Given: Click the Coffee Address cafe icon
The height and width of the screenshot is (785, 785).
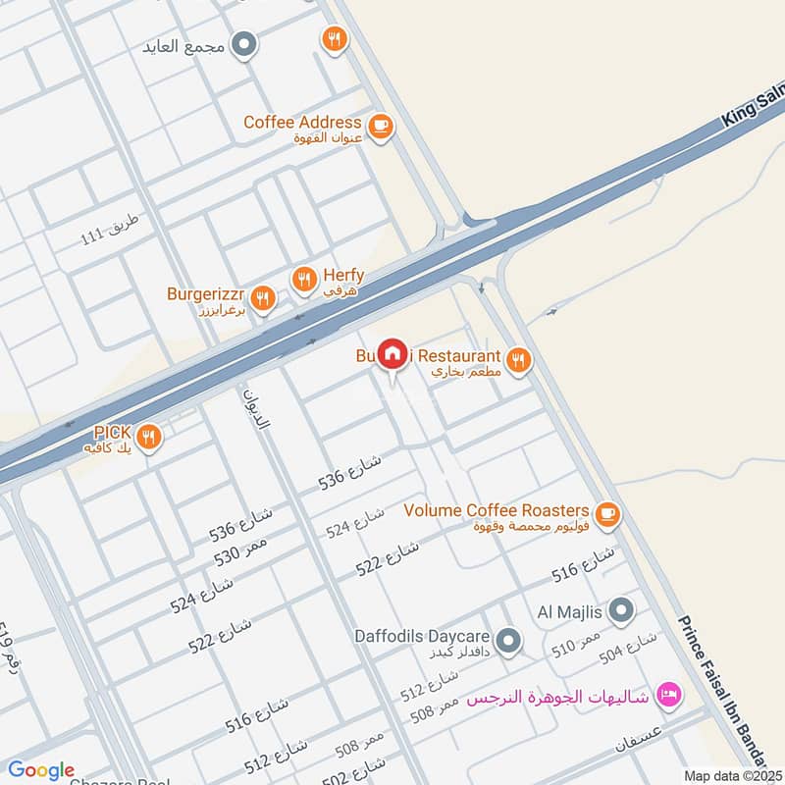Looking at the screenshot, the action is [380, 126].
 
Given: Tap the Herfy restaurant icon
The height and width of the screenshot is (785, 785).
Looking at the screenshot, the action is [304, 281].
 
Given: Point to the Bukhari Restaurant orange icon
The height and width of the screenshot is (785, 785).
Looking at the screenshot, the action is [519, 360].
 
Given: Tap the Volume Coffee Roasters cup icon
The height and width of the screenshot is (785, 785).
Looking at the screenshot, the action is [607, 512].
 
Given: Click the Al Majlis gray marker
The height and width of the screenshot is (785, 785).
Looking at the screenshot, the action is [621, 611].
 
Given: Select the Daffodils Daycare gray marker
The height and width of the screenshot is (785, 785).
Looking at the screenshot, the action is [507, 642].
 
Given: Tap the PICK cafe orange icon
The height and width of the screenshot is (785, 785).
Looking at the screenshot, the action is [149, 438].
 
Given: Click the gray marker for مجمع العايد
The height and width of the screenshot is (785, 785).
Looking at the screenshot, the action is [246, 44].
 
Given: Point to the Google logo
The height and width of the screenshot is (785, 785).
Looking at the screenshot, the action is [41, 770].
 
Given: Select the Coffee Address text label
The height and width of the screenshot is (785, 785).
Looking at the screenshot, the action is [302, 123].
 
